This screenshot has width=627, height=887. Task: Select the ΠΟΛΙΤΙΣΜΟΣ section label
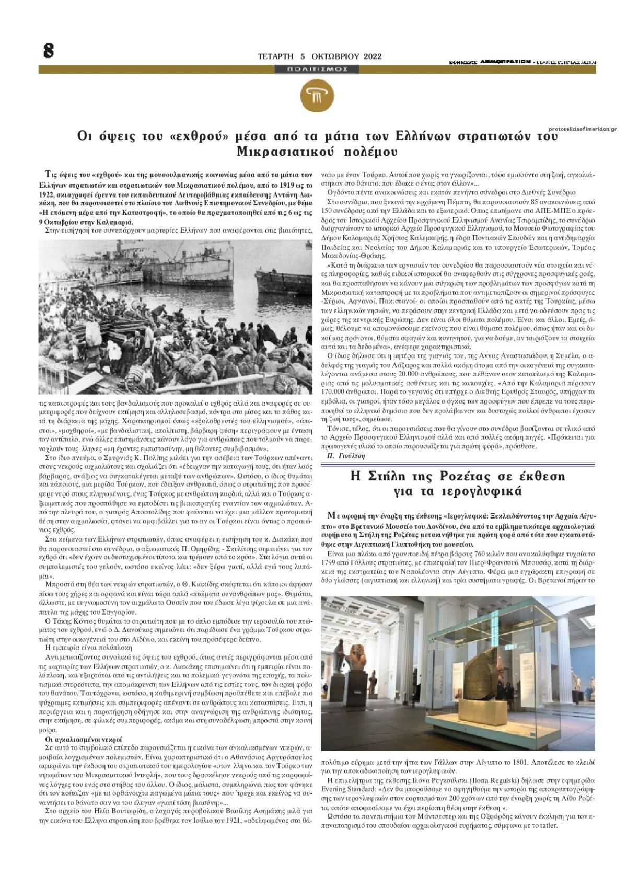click(317, 69)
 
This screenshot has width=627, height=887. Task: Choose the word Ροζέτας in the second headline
click(464, 477)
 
